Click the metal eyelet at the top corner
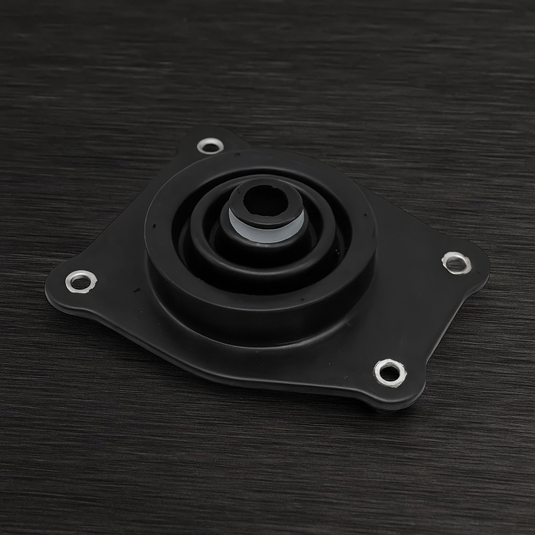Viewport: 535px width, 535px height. [210, 146]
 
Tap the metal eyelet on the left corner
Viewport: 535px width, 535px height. [81, 282]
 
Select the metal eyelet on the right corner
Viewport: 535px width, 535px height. [457, 262]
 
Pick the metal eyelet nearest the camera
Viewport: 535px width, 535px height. [390, 373]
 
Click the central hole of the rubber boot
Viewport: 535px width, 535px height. [265, 200]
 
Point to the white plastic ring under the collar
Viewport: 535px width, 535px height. [266, 233]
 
